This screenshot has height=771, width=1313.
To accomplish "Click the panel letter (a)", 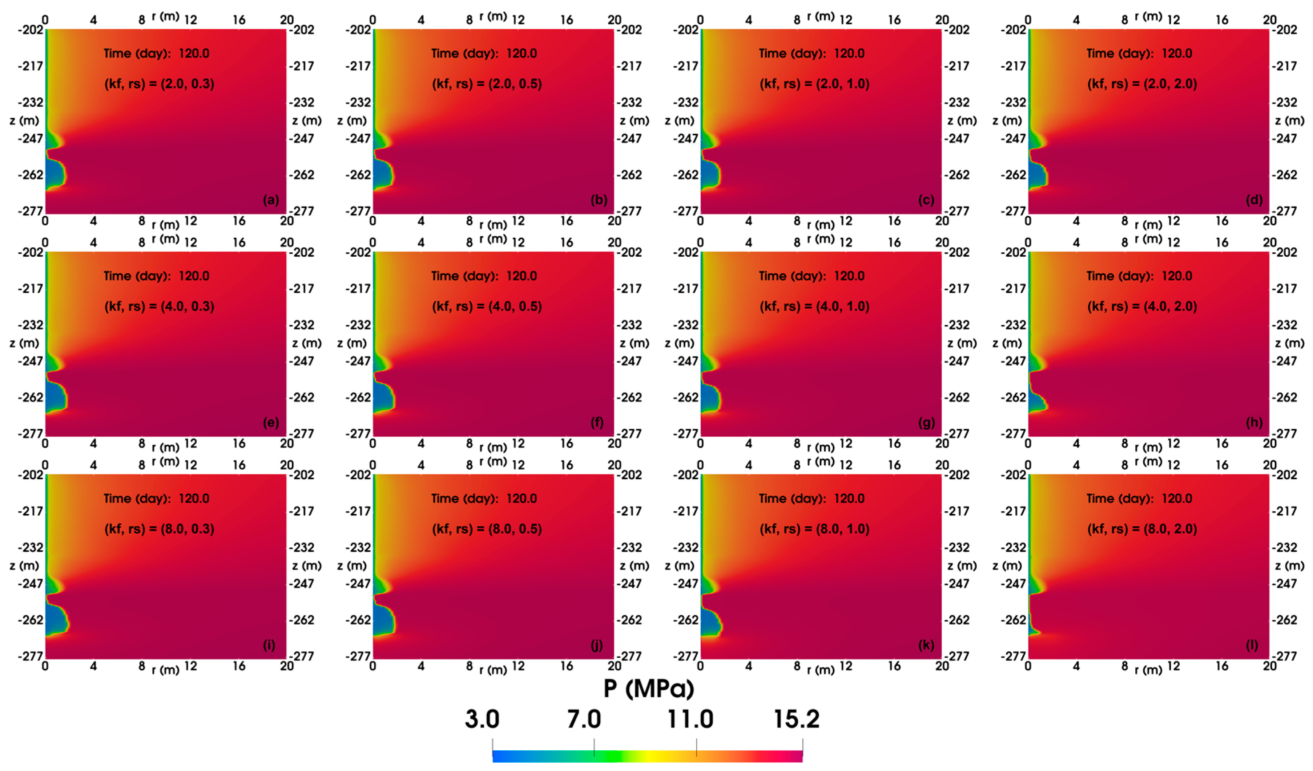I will (270, 200).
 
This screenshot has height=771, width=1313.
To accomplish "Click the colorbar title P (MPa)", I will (649, 688).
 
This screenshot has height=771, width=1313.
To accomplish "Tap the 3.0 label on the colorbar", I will (482, 719).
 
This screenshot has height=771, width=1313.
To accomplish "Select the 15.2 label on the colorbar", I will (796, 719).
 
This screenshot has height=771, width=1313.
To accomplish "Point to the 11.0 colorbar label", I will (690, 719).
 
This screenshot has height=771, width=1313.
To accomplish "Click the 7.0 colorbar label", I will (584, 719).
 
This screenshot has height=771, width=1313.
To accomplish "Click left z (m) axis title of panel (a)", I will (24, 121).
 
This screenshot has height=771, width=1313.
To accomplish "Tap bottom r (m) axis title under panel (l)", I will (1148, 670).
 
